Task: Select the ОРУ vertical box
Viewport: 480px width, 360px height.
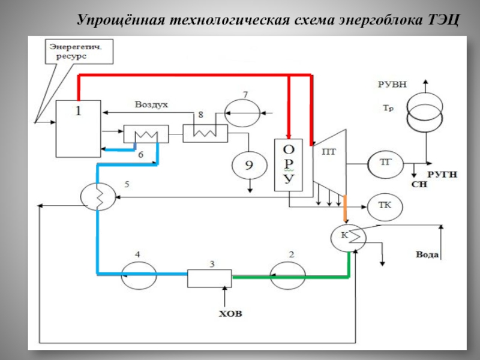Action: coord(289,165)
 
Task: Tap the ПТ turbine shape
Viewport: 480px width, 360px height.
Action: coord(329,162)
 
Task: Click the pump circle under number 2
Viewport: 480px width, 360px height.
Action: coord(288,276)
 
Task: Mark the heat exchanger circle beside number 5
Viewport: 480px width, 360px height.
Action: coord(98,194)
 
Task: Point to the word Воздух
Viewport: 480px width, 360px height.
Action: coord(151,104)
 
